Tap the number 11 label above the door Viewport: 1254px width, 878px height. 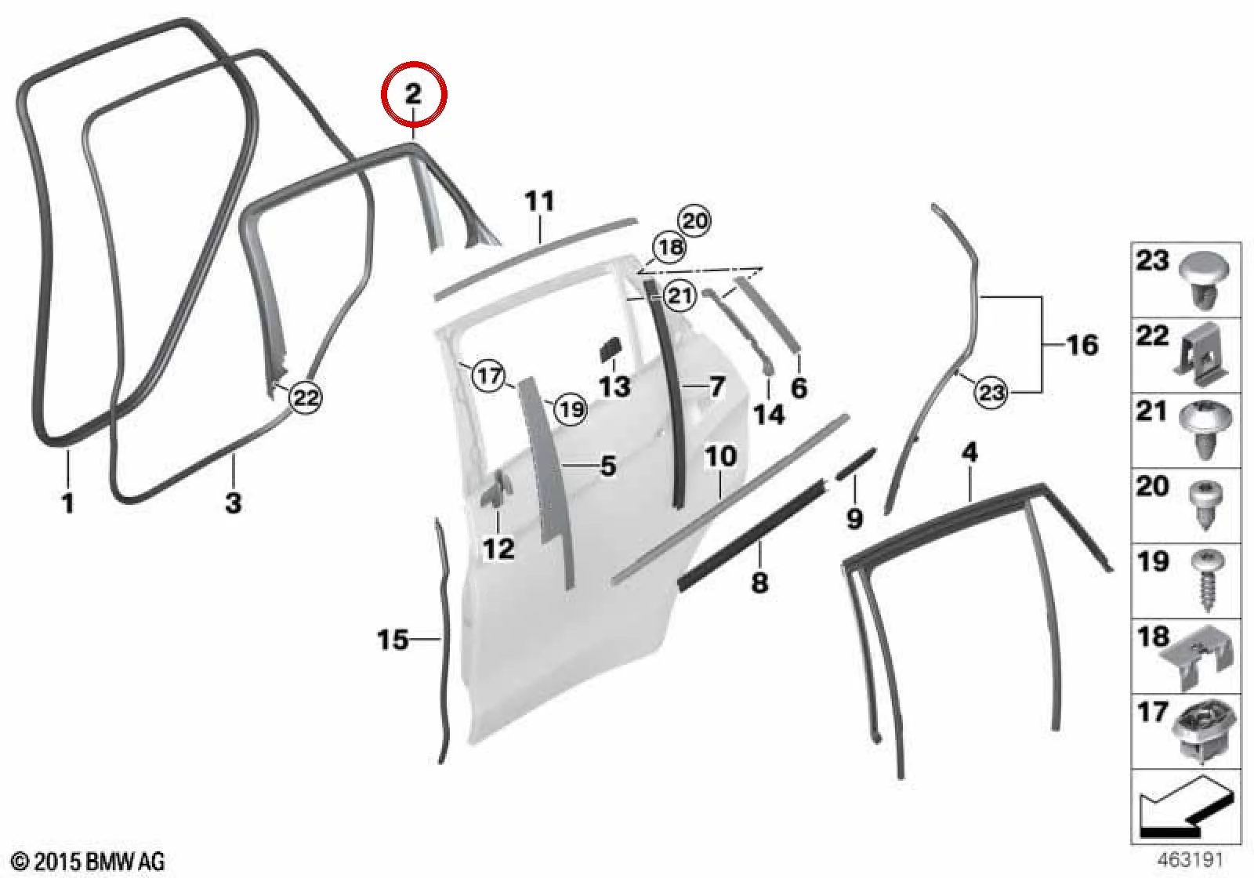click(540, 201)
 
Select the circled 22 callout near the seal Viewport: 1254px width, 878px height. click(306, 397)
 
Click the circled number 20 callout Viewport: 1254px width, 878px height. click(694, 221)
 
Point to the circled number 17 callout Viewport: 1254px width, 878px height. click(489, 376)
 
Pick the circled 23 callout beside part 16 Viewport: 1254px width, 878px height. click(991, 391)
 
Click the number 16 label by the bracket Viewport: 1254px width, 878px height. click(1082, 345)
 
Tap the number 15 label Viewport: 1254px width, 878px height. click(392, 640)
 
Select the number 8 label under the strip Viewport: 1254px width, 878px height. click(759, 582)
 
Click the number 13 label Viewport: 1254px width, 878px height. click(614, 386)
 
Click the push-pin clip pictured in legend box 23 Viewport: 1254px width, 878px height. click(1204, 289)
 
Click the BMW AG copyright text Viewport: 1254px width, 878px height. click(89, 861)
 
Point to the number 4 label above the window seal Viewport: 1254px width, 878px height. click(969, 452)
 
